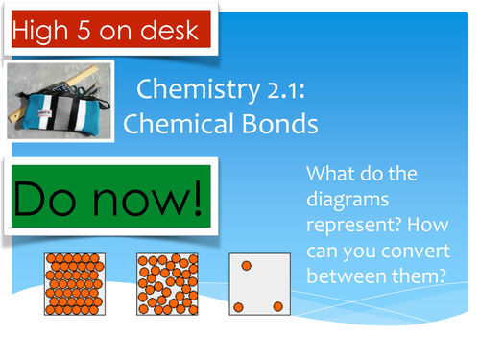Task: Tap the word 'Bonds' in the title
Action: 283,124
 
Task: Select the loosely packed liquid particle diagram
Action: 167,284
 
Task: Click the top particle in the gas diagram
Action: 247,264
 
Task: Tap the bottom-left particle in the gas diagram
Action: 237,307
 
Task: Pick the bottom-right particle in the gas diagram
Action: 278,306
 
